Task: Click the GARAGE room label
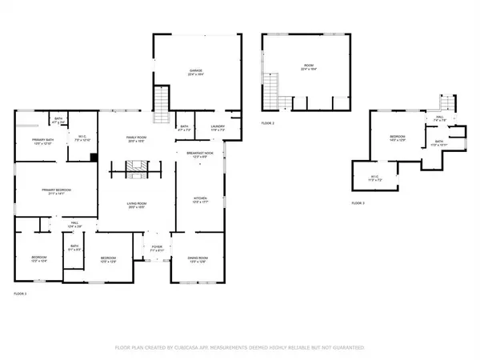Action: [x=194, y=72]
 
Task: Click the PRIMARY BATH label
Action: [x=43, y=142]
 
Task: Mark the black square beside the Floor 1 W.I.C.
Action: [x=94, y=157]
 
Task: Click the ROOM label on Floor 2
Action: [x=308, y=67]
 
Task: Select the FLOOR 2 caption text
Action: [x=267, y=123]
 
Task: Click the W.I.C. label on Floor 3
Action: [x=374, y=178]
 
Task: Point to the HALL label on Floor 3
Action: [x=438, y=119]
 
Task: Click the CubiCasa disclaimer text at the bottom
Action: [x=240, y=348]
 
